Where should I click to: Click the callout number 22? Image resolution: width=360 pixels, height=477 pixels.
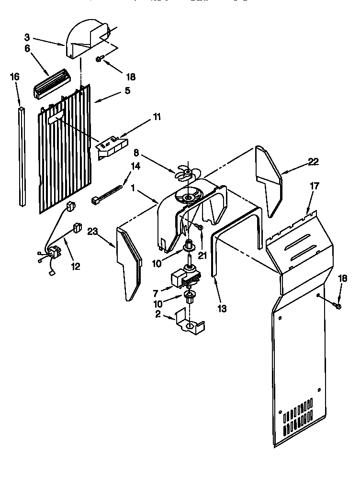click(x=313, y=161)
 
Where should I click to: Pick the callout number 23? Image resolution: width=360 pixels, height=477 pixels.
click(x=93, y=233)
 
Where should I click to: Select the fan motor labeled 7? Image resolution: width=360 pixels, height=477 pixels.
click(x=185, y=278)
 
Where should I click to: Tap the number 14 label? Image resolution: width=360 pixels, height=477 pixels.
click(x=135, y=166)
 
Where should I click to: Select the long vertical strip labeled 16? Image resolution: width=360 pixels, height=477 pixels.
click(x=22, y=158)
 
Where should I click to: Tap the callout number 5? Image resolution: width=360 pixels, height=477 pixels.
click(x=127, y=90)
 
